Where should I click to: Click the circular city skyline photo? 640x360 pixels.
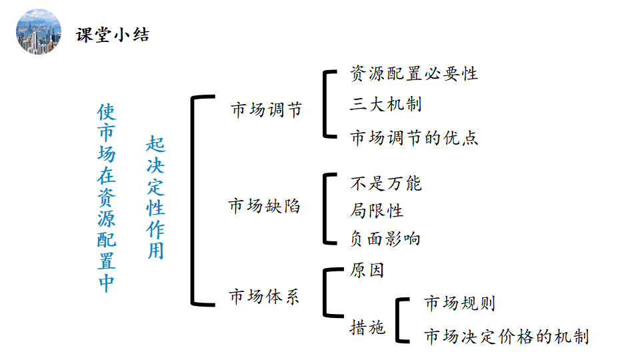(39, 31)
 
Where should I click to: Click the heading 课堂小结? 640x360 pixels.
(113, 35)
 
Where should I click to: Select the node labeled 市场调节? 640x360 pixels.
(266, 109)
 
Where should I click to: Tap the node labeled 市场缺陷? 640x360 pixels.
(264, 205)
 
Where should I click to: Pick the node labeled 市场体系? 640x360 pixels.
(264, 296)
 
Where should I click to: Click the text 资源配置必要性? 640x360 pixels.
(413, 73)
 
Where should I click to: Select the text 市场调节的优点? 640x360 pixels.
(413, 138)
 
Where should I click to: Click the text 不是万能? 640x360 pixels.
(385, 183)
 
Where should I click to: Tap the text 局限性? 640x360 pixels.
(377, 211)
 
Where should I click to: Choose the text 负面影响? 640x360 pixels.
(385, 238)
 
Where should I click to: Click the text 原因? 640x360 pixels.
(367, 271)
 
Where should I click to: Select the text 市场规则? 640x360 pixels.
(459, 303)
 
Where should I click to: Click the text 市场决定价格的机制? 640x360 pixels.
(506, 336)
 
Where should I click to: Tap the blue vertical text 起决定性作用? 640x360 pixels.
(155, 197)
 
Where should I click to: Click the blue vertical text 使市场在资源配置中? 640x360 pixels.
(106, 197)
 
